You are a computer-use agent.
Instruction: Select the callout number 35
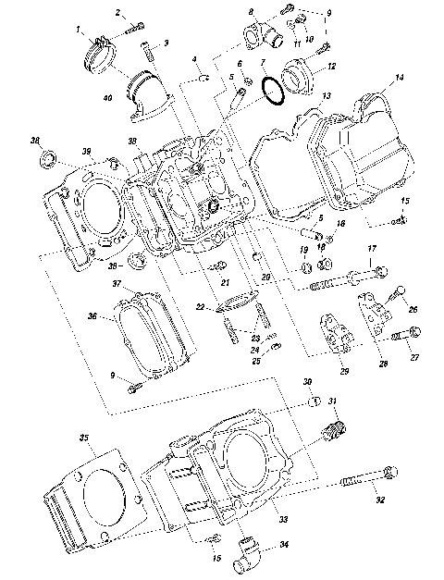(x=83, y=438)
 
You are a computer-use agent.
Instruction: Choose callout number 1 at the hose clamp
(x=79, y=31)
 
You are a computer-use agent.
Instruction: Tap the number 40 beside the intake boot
(x=107, y=97)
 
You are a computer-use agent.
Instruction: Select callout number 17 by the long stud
(x=372, y=250)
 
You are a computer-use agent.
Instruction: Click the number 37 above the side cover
(x=117, y=283)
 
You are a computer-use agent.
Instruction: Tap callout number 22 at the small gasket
(x=201, y=306)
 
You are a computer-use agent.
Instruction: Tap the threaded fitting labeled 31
(x=334, y=429)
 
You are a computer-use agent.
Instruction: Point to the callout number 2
(x=118, y=12)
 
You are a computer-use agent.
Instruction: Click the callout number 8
(x=251, y=11)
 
